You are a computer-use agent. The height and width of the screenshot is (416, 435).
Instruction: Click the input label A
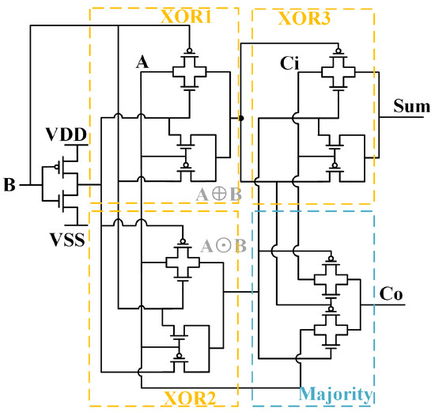(x=143, y=64)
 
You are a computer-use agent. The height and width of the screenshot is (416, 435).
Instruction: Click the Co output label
(x=393, y=293)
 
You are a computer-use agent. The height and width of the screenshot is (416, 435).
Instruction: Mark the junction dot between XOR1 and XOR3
(x=240, y=119)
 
